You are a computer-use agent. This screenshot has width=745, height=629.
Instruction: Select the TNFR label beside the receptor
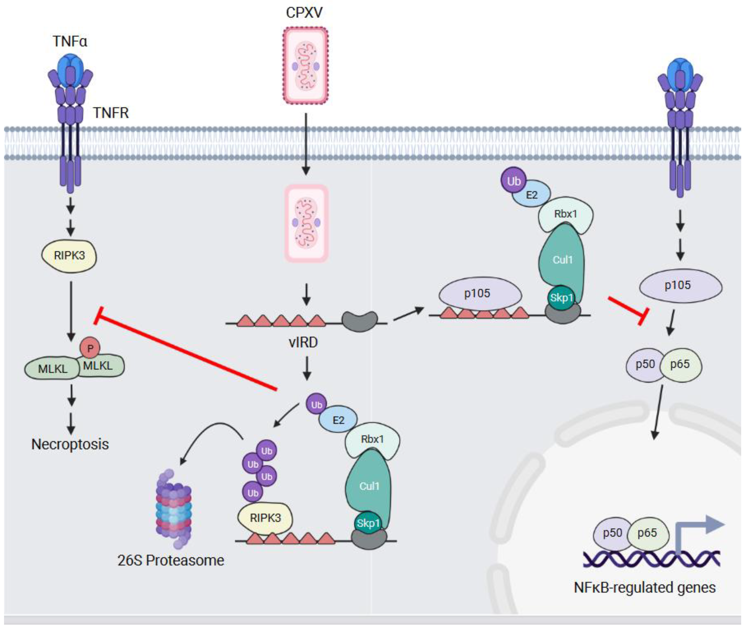coord(111,113)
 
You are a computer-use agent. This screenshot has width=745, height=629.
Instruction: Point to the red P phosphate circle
coord(90,348)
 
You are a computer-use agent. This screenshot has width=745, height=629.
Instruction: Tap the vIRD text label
coord(303,342)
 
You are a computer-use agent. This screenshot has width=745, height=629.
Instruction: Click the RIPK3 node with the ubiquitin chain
coord(265,518)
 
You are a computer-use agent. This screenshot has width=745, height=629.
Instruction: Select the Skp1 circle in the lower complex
coord(368,523)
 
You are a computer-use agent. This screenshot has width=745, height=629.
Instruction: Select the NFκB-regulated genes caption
coord(645,587)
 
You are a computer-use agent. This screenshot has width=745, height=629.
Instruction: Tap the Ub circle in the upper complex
coord(513,181)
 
